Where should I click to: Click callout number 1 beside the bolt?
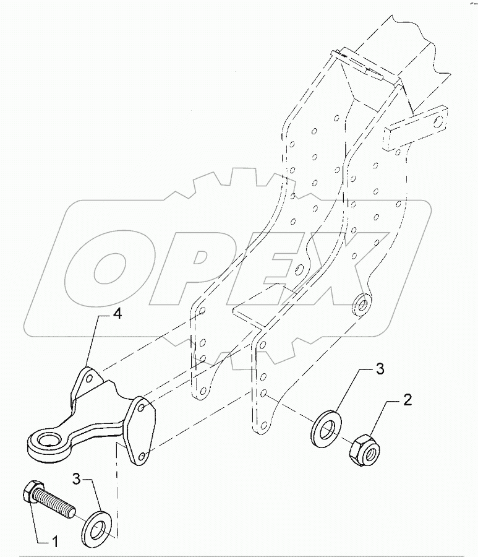point(54,543)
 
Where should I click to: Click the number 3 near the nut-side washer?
point(380,371)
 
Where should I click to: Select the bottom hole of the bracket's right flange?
point(143,456)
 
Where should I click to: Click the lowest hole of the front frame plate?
point(265,424)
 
